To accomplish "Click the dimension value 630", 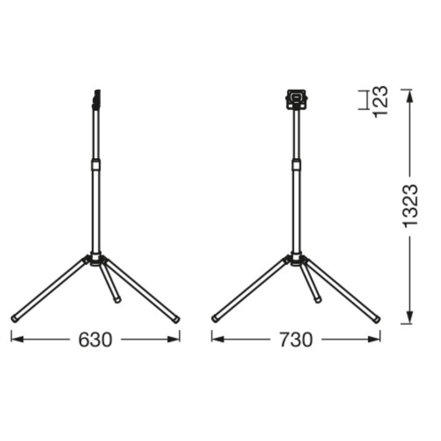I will tap(96, 340).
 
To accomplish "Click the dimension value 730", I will tap(296, 340).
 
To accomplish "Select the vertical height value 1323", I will tap(409, 206).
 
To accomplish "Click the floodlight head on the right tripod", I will tap(295, 99).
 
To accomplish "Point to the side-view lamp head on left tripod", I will tap(96, 99).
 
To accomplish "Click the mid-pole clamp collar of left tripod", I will tap(96, 165).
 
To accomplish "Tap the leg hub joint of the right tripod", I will tap(296, 260).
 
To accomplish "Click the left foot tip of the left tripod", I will tap(15, 319).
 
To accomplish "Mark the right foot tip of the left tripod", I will tap(177, 320).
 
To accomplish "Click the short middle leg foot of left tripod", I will tap(118, 300).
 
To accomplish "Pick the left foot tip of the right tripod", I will tap(215, 319).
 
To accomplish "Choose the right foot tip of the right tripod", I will tap(377, 320).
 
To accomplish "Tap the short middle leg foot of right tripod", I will tap(318, 300).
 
